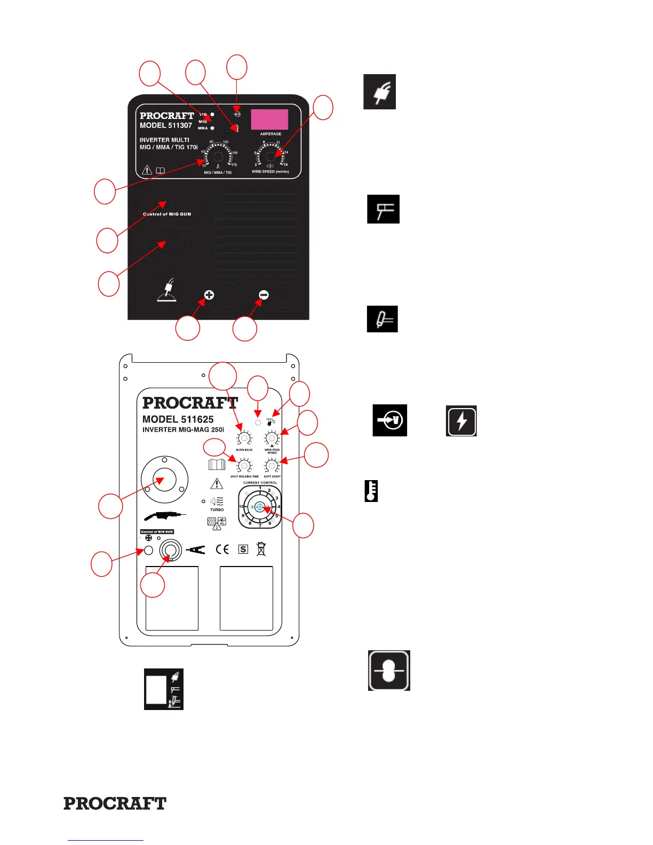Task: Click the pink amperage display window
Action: pyautogui.click(x=269, y=119)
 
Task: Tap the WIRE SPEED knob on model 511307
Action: pyautogui.click(x=270, y=156)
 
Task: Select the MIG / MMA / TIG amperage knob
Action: pyautogui.click(x=218, y=156)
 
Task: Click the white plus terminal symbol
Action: pyautogui.click(x=209, y=295)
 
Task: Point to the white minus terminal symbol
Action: pyautogui.click(x=264, y=294)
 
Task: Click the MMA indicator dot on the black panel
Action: pyautogui.click(x=212, y=129)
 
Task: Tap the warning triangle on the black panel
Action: pyautogui.click(x=147, y=171)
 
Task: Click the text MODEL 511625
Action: pyautogui.click(x=178, y=419)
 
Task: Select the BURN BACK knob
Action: pyautogui.click(x=244, y=439)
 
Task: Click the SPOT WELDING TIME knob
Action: pyautogui.click(x=244, y=466)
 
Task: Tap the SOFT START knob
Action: pyautogui.click(x=272, y=466)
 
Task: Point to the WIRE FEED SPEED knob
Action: pyautogui.click(x=272, y=439)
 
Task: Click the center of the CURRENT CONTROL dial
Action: pyautogui.click(x=260, y=507)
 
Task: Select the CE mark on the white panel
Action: pyautogui.click(x=222, y=549)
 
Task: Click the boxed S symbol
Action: pyautogui.click(x=243, y=549)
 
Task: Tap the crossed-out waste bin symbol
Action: pyautogui.click(x=261, y=549)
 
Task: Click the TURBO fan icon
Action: pyautogui.click(x=217, y=501)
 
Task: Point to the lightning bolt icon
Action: pyautogui.click(x=461, y=421)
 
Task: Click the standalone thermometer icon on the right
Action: pyautogui.click(x=371, y=491)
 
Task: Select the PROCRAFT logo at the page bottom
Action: pyautogui.click(x=115, y=803)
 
